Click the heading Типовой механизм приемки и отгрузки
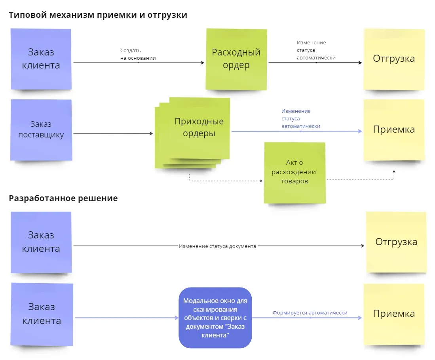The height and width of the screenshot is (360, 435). (98, 15)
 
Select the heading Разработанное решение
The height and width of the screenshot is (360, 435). (63, 198)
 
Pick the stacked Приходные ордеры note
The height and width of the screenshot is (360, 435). (194, 131)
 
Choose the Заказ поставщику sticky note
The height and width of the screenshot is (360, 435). (41, 130)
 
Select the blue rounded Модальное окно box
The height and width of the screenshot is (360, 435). (215, 318)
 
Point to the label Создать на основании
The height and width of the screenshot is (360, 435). (138, 54)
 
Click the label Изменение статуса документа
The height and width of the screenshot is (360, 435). (217, 246)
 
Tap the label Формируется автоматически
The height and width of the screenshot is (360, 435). (310, 313)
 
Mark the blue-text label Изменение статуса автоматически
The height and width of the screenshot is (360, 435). (301, 119)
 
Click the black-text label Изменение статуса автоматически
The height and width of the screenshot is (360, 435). (316, 50)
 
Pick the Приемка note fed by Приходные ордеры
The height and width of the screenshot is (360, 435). (393, 130)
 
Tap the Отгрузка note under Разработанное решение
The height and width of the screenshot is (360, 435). (396, 242)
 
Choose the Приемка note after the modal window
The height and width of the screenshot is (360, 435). (393, 314)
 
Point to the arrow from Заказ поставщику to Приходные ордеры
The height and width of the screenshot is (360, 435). (113, 133)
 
